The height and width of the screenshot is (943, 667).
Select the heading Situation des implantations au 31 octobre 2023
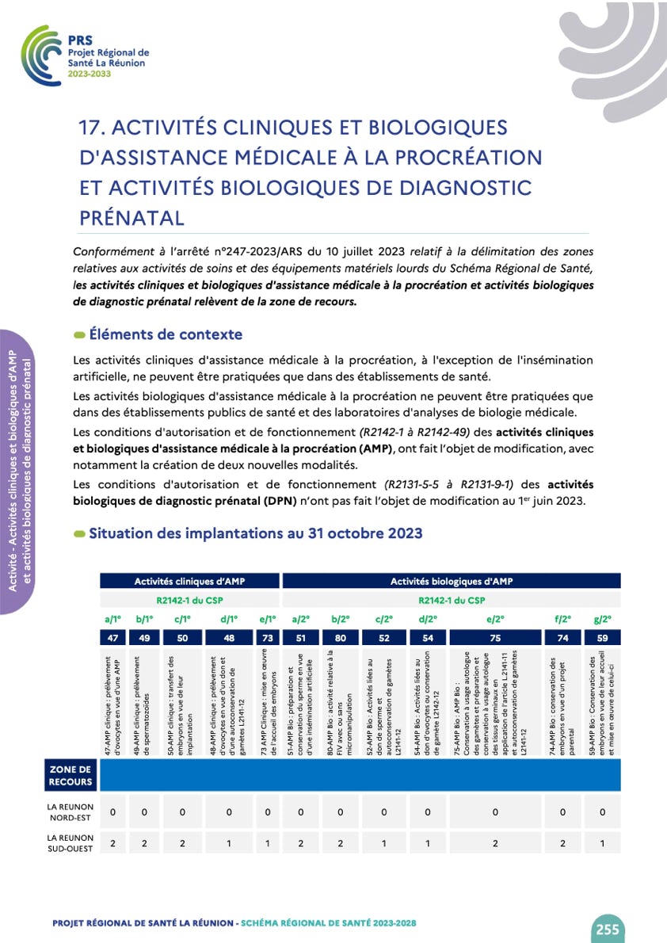pos(255,533)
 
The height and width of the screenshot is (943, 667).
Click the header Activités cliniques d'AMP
pos(189,582)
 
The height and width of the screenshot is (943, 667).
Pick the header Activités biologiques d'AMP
pos(452,582)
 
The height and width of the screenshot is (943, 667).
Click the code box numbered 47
pos(112,637)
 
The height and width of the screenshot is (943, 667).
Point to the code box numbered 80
pos(341,637)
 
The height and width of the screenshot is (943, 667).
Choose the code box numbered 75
pos(495,637)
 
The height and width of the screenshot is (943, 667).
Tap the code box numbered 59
pos(603,637)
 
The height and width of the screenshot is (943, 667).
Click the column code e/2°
pos(495,620)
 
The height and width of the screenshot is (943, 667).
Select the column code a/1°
pos(112,620)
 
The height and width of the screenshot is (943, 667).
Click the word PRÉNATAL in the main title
pos(132,217)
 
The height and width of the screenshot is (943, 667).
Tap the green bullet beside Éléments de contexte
pos(79,335)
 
